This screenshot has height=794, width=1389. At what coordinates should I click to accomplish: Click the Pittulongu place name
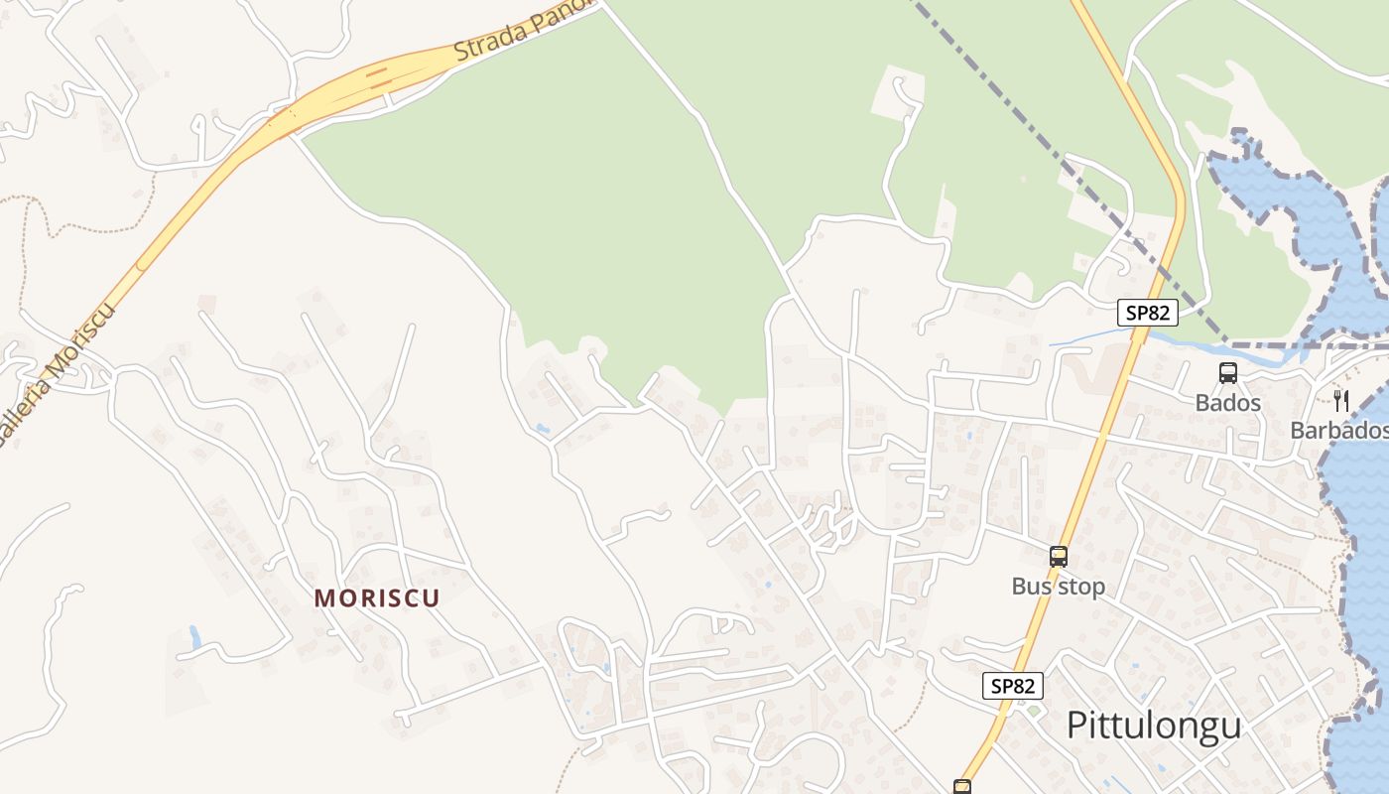1154,726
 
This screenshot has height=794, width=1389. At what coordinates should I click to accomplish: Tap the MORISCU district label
377,597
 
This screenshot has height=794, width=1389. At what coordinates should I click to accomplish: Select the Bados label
1227,402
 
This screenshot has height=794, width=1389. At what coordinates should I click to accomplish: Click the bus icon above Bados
1228,373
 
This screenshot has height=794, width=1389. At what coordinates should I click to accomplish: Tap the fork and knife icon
1341,400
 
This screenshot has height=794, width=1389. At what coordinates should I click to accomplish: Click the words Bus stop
1058,587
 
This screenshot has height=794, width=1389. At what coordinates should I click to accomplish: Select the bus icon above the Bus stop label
1059,556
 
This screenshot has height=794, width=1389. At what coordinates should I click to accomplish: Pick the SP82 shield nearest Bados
1147,313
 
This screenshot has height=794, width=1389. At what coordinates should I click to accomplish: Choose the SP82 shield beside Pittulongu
1013,685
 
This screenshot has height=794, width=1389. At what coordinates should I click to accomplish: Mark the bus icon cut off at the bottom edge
961,787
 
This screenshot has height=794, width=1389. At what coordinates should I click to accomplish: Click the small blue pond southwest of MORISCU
194,637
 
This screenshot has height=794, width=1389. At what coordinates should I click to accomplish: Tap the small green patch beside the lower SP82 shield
1033,711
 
